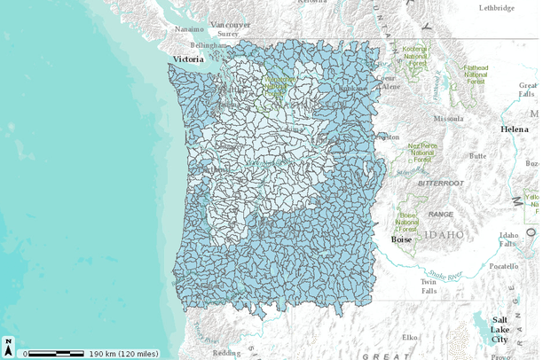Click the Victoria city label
(x=188, y=59)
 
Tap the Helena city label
(x=515, y=129)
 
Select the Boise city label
(x=404, y=239)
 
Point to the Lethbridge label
(x=496, y=7)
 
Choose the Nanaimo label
(x=189, y=28)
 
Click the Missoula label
(x=448, y=118)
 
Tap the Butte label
(x=477, y=155)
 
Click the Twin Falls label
(x=429, y=286)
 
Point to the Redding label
(x=225, y=353)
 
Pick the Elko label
(x=410, y=337)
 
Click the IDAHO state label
(x=444, y=234)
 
